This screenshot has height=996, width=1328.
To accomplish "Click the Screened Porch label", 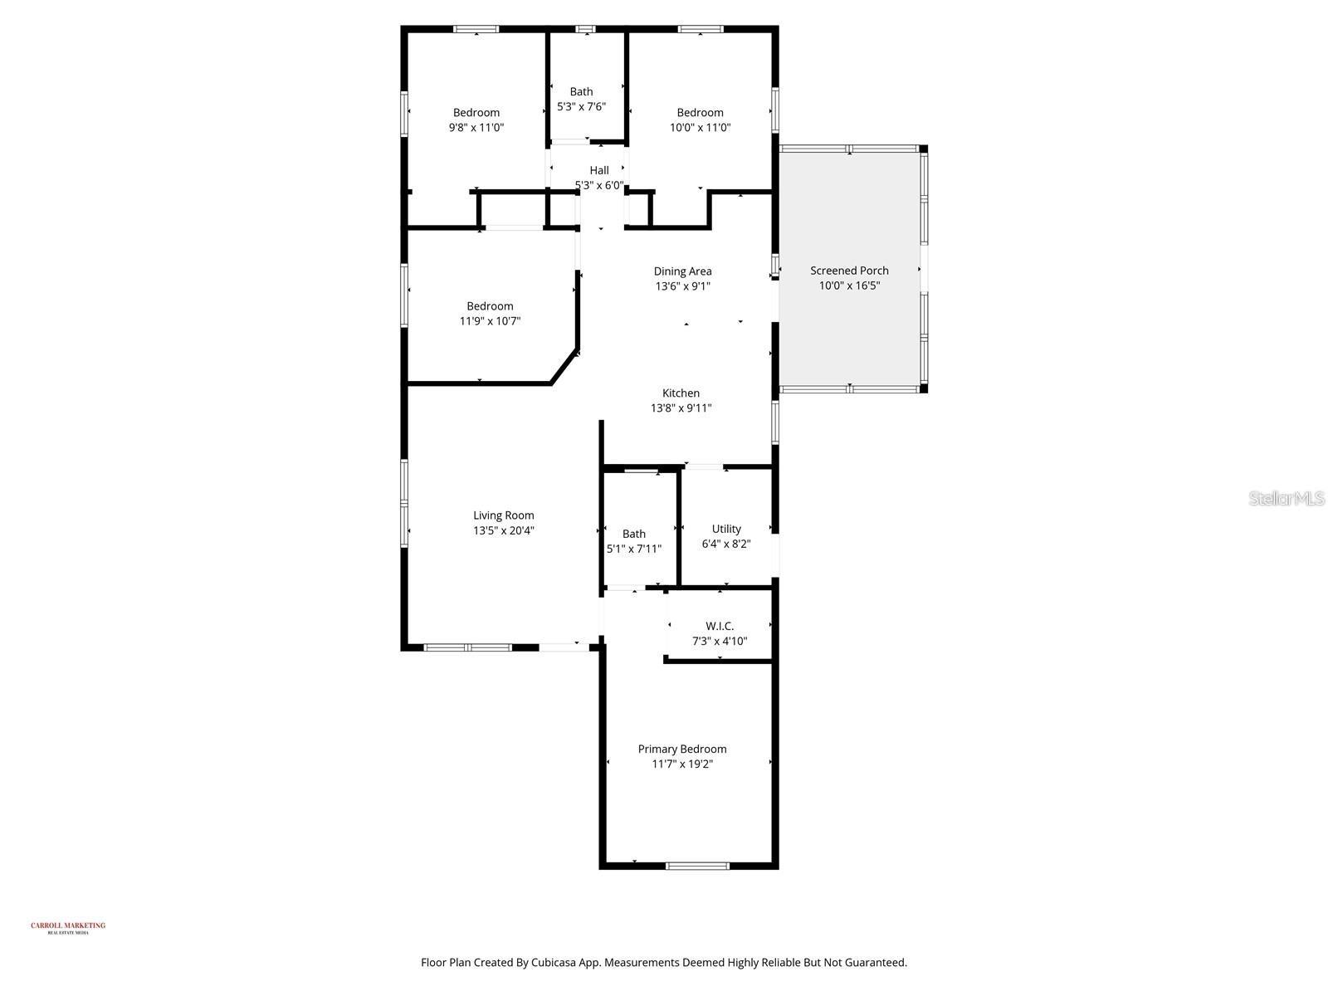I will (849, 271).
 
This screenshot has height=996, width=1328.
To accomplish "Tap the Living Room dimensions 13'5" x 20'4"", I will (503, 530).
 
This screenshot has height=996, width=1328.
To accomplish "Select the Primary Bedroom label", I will (681, 749).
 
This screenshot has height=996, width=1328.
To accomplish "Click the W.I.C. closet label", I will (720, 626).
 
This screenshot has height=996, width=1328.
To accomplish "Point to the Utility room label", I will (726, 529).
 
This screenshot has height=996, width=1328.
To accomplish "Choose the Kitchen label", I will (681, 393).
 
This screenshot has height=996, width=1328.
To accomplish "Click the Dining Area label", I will (682, 271).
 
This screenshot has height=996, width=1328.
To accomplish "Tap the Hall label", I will (599, 170).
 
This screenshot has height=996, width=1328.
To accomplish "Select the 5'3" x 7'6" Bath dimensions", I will (581, 107).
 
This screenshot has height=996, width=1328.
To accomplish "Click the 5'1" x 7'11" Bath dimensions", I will (634, 549).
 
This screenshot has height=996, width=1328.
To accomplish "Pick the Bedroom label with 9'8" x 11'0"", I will (476, 113).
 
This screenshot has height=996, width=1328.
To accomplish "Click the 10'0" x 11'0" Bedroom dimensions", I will (700, 128).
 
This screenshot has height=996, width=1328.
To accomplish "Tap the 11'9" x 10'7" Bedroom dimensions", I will (490, 321).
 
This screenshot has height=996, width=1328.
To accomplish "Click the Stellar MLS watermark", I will (1286, 498).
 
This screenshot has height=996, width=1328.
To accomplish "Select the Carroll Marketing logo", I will (68, 927).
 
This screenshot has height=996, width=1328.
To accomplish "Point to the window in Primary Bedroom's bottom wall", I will (697, 867).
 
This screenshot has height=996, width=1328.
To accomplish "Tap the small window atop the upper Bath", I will (585, 29).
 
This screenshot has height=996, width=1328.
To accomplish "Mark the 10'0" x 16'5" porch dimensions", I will (849, 286).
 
